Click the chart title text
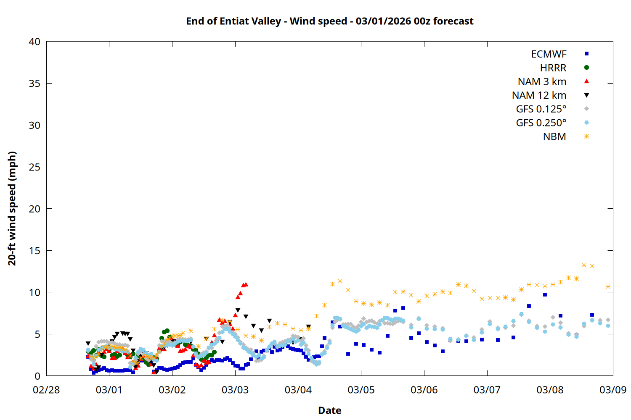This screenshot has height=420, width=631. [330, 21]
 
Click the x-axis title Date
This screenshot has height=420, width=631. [330, 410]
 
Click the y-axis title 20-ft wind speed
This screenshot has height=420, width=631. [12, 208]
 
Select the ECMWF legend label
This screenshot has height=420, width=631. [549, 54]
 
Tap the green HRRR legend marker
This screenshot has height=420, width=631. [586, 68]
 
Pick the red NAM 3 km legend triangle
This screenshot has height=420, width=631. [586, 81]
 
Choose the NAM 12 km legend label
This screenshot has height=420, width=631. [539, 95]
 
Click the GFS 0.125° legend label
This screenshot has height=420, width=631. [541, 109]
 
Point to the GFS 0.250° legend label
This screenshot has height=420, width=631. [541, 123]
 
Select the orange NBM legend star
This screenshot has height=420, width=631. [586, 136]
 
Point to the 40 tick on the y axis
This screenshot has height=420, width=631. [34, 42]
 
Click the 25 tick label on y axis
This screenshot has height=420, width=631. [34, 167]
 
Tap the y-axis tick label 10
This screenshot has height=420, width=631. [34, 292]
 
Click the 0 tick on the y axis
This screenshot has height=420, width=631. [37, 376]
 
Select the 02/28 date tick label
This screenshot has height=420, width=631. [46, 390]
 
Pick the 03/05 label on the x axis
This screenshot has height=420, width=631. [361, 390]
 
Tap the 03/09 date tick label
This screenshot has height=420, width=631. [612, 390]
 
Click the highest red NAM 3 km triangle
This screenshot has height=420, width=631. [246, 284]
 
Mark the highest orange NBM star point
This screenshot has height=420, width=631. [584, 265]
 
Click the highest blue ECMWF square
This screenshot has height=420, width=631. [545, 294]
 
